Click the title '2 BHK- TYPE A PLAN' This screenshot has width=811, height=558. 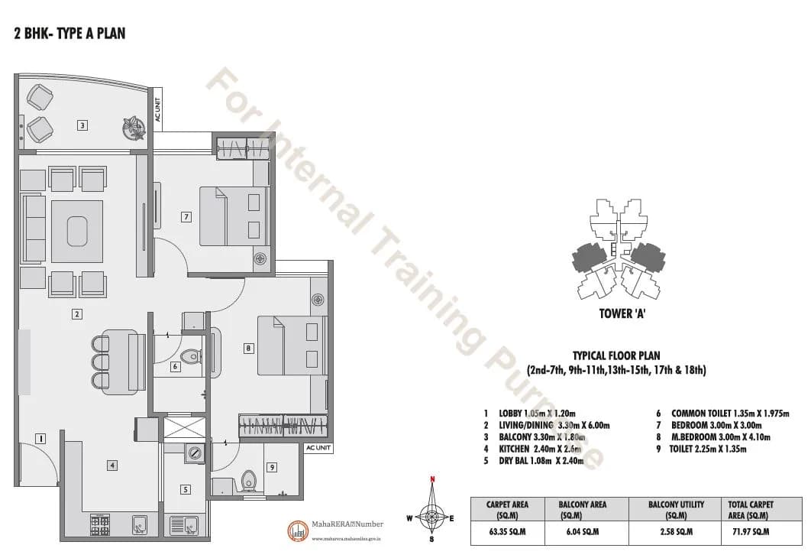click(69, 33)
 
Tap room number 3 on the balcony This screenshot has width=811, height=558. click(82, 125)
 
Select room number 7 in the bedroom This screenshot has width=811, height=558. click(186, 216)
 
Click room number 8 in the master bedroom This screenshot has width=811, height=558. click(248, 349)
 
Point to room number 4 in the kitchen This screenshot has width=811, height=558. click(111, 464)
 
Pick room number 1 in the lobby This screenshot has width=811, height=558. click(40, 438)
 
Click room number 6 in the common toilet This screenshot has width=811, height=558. click(175, 367)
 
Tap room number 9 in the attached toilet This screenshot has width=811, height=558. click(271, 466)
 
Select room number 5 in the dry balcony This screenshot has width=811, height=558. click(186, 489)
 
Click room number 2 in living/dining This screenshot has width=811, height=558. click(77, 313)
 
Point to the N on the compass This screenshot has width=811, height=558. click(432, 480)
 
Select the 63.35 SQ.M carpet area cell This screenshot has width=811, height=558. click(508, 531)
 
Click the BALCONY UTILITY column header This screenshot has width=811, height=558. click(676, 509)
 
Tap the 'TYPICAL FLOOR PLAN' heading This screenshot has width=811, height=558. click(616, 355)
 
